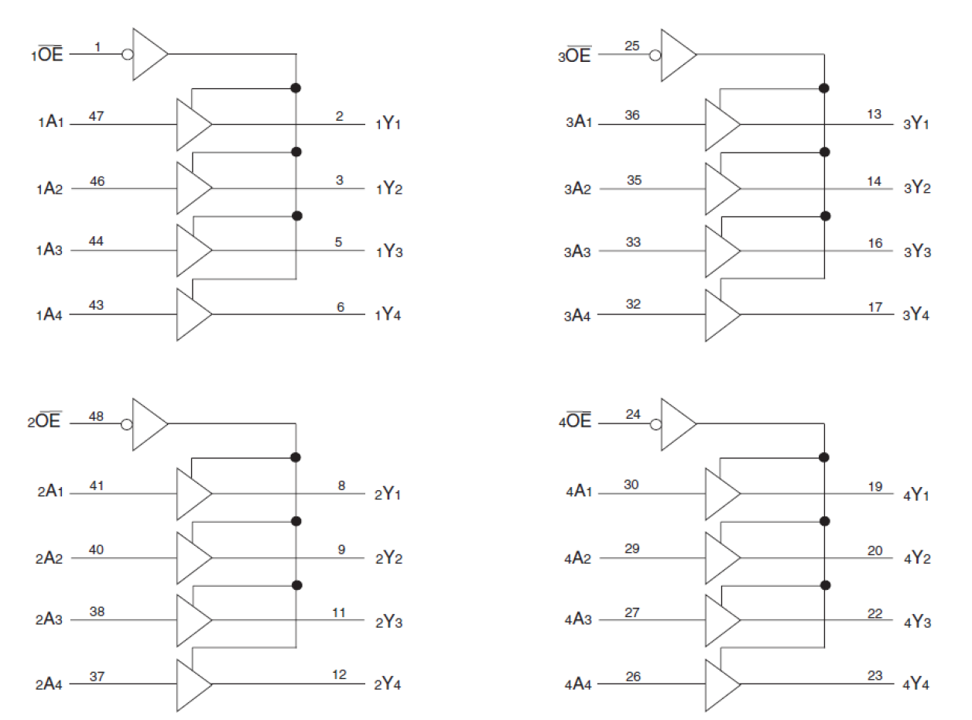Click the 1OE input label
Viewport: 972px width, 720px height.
(x=49, y=55)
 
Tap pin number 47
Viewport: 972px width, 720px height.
(x=97, y=115)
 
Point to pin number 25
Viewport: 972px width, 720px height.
(x=632, y=46)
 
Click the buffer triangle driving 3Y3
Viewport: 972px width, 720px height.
(x=720, y=251)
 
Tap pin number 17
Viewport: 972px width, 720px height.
(x=874, y=307)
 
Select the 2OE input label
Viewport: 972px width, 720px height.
(x=49, y=423)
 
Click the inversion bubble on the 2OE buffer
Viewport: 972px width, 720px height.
(x=128, y=423)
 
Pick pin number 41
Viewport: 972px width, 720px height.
(x=97, y=485)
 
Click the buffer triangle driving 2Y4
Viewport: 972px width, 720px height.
(x=192, y=684)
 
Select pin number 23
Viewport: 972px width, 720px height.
(x=874, y=676)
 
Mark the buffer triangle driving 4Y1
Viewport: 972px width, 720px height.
(x=720, y=493)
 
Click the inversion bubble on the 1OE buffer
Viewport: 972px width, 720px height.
(x=128, y=55)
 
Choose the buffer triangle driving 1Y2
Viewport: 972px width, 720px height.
(x=192, y=187)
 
